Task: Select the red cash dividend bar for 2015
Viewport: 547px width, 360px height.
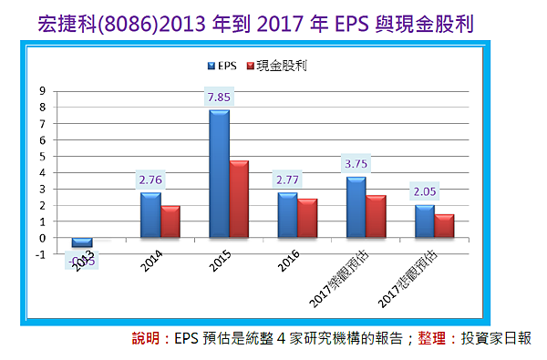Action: [x=239, y=200]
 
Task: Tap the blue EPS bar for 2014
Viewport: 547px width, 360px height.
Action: [x=150, y=216]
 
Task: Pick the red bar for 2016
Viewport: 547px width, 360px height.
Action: [x=307, y=219]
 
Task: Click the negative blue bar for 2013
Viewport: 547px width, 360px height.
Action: [x=82, y=242]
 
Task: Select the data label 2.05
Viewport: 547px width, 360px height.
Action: [x=425, y=193]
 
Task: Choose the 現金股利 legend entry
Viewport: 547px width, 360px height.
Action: [x=275, y=65]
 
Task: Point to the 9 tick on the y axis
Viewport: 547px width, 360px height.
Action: [x=42, y=91]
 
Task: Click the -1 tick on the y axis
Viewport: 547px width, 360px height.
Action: [x=40, y=254]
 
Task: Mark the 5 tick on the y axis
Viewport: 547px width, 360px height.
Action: [x=42, y=157]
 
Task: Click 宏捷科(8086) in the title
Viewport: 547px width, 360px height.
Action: [x=87, y=20]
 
